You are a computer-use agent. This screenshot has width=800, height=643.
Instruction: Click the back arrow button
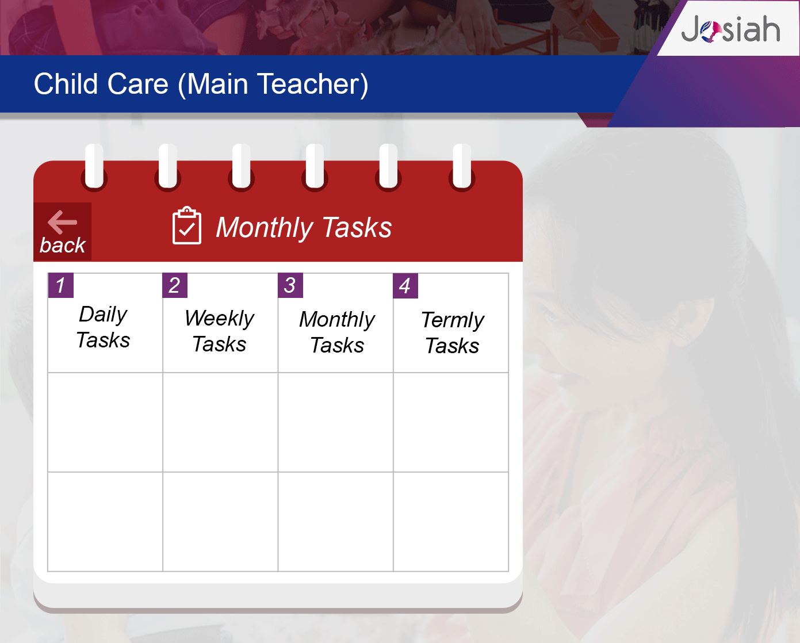pos(63,231)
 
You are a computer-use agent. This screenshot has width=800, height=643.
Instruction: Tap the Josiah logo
pos(730,29)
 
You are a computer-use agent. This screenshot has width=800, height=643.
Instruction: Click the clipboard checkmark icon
pos(186,225)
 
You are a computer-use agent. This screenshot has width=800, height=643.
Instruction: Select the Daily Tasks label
pos(103,327)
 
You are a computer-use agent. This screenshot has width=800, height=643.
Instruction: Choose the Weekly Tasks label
pos(219,331)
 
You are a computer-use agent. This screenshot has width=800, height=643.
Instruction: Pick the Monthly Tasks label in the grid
pos(337,332)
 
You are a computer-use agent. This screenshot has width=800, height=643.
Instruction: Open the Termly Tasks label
pos(453,332)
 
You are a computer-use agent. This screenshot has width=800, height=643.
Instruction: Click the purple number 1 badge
pos(60,285)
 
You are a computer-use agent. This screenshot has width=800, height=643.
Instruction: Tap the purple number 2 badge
pos(175,285)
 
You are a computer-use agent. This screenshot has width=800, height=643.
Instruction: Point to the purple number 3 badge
pos(290,285)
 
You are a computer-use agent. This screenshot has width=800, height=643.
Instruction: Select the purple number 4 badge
pos(405,286)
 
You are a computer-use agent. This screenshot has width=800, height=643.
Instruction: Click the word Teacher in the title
pos(312,85)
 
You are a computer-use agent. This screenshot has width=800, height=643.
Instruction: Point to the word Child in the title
pos(66,83)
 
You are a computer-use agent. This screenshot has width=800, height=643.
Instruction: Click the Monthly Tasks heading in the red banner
pos(304,227)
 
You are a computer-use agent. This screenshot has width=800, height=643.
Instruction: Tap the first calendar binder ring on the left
pos(94,167)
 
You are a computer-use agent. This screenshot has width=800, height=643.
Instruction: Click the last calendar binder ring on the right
pos(462,167)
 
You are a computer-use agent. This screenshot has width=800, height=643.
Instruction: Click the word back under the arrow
pos(63,245)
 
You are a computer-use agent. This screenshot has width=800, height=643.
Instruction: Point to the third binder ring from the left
pos(241,167)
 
